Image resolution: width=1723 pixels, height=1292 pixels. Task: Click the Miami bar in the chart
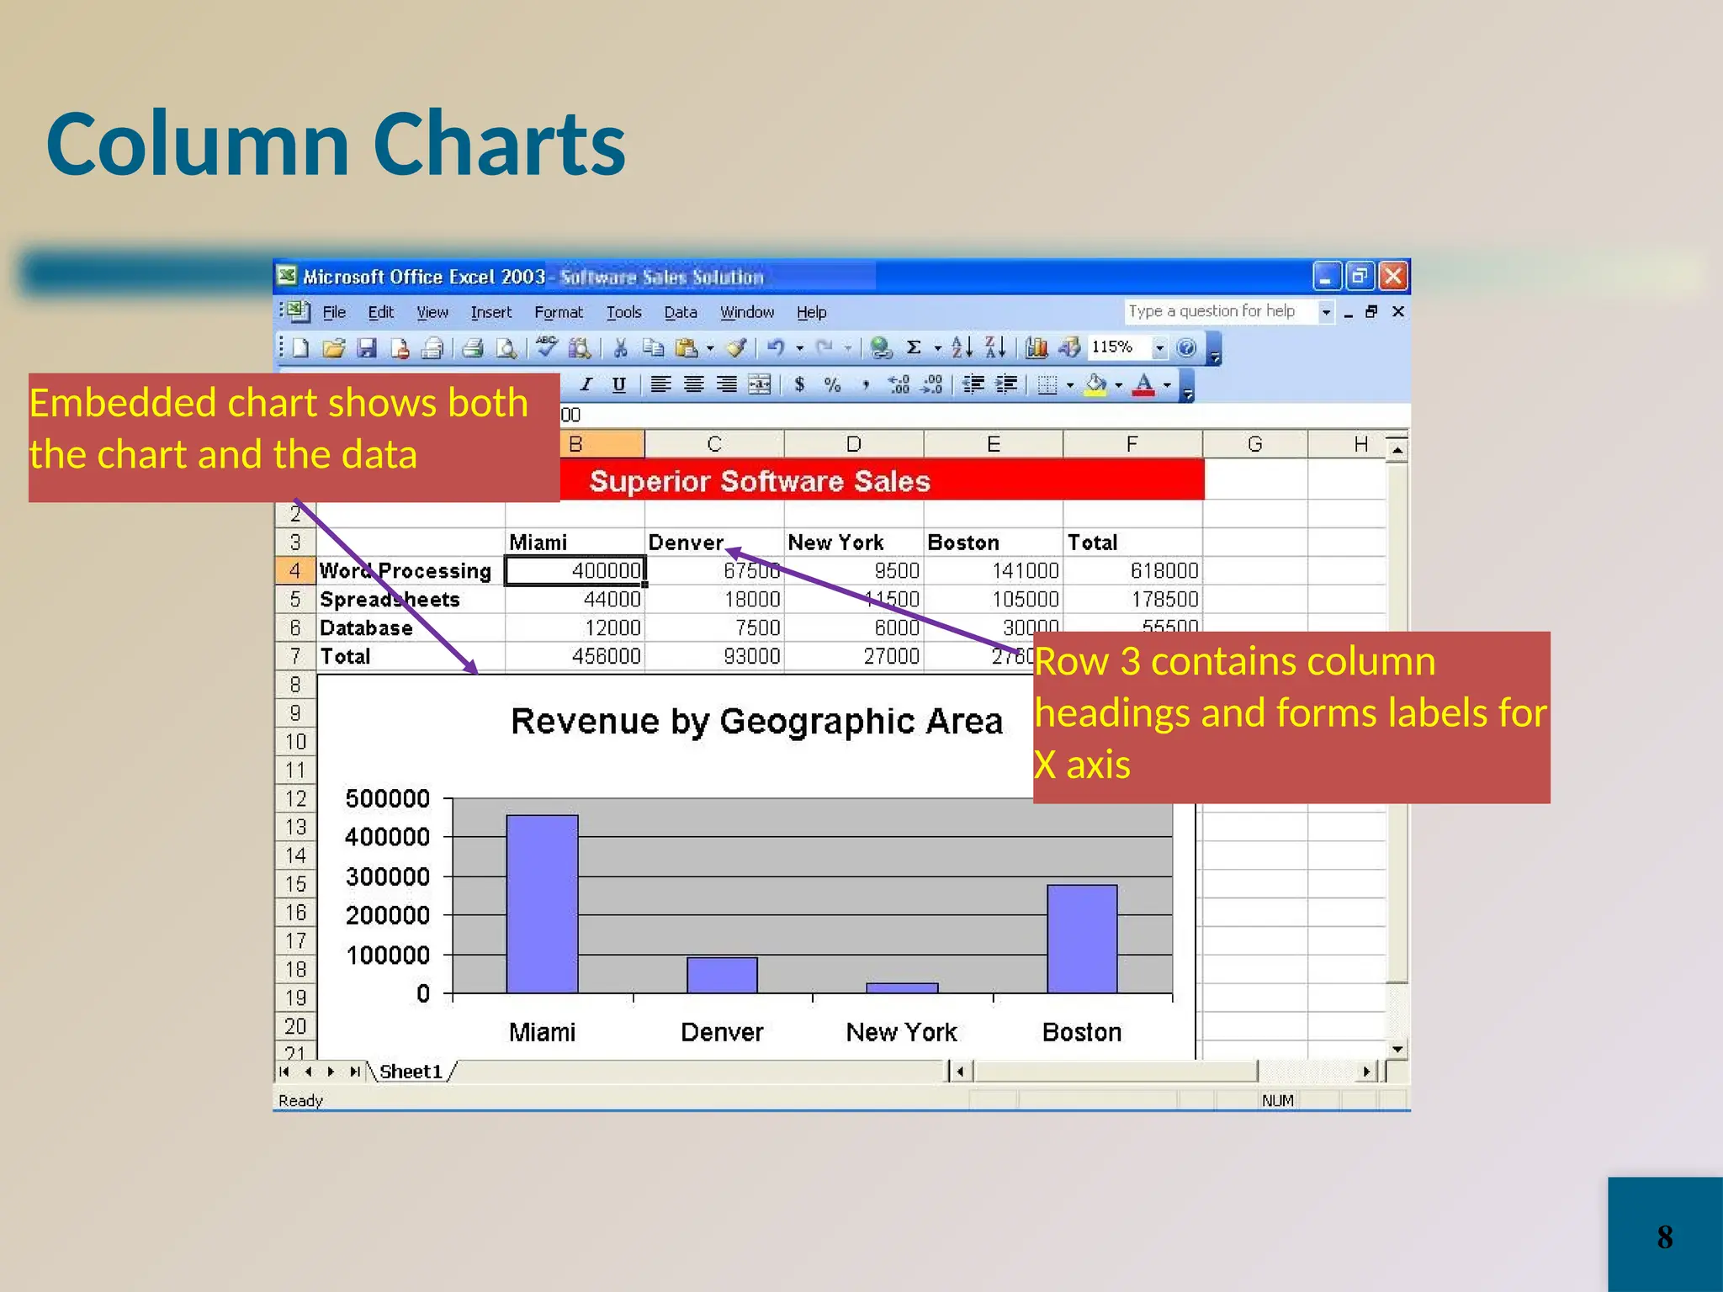(x=542, y=903)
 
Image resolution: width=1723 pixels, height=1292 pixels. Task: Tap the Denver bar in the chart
(x=722, y=975)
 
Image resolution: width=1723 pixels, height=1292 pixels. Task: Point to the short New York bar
(x=902, y=988)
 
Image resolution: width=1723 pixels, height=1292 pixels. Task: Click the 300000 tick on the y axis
(x=387, y=876)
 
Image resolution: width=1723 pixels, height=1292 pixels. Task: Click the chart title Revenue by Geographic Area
(x=756, y=722)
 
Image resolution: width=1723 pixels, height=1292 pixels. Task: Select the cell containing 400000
(x=575, y=570)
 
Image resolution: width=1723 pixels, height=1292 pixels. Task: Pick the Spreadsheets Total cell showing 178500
(x=1132, y=599)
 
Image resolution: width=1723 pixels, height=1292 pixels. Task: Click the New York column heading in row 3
(x=835, y=543)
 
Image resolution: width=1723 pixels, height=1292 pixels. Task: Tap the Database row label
(x=366, y=627)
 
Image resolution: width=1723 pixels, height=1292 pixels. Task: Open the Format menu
(x=558, y=312)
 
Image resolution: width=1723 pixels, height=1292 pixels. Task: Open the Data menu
(x=680, y=312)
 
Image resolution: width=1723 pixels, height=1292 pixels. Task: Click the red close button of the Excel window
(x=1393, y=276)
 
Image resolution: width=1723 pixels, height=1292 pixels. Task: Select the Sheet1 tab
(x=411, y=1071)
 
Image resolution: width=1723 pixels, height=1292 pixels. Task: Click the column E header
(x=993, y=444)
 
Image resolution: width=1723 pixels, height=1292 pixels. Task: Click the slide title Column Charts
(x=336, y=144)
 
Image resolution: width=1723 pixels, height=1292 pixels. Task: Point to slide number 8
(x=1664, y=1236)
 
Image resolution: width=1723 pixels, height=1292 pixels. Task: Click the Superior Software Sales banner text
(x=760, y=481)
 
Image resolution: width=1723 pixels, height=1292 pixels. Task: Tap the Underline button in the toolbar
(x=619, y=384)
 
